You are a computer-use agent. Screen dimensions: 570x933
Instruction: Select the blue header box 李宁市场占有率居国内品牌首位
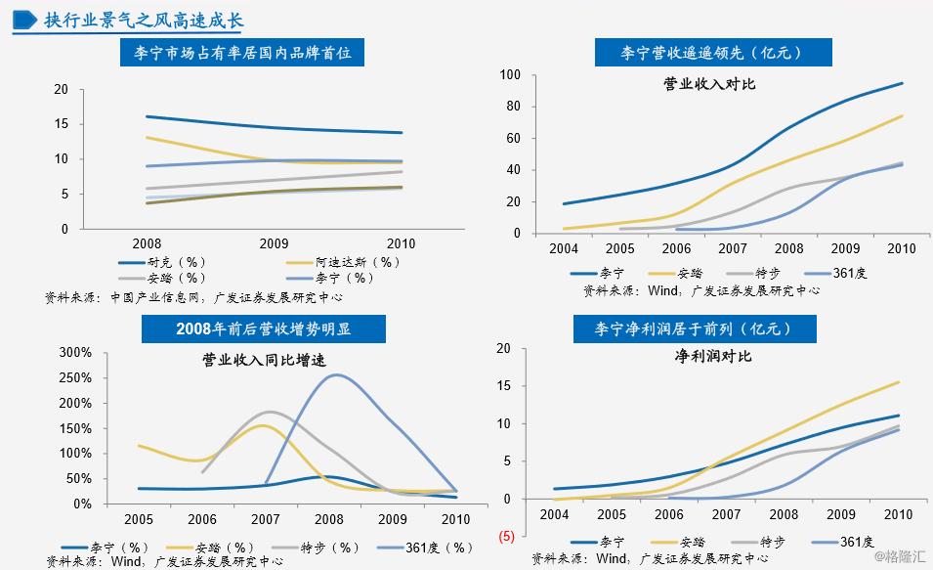pyautogui.click(x=242, y=55)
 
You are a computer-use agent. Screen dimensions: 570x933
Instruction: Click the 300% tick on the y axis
pyautogui.click(x=75, y=352)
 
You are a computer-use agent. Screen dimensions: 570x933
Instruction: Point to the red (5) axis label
pyautogui.click(x=507, y=537)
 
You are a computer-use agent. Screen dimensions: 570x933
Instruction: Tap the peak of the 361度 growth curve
pyautogui.click(x=336, y=374)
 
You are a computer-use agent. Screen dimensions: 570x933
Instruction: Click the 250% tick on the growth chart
pyautogui.click(x=75, y=377)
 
